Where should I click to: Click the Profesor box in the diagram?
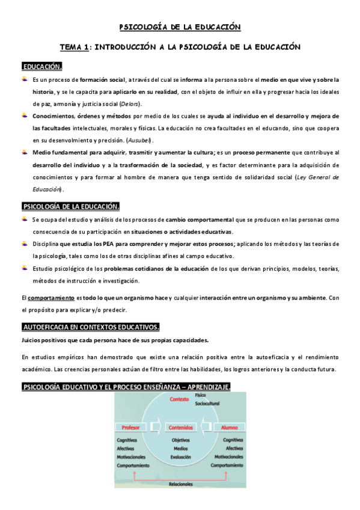130,428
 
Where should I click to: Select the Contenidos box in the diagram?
180,428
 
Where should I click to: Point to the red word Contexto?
180,399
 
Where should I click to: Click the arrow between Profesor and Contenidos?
155,428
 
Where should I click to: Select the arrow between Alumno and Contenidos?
204,428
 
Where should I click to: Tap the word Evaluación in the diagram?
180,456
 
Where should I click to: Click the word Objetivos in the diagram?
180,440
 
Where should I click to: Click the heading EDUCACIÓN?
41,66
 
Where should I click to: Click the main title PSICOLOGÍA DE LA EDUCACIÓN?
180,27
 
